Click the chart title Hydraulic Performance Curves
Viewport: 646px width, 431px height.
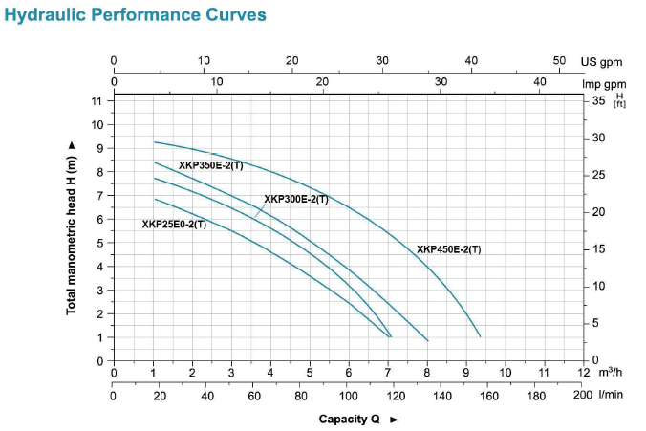(136, 16)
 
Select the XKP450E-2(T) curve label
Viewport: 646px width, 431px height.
(448, 249)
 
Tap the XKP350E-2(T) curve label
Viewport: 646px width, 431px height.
(211, 165)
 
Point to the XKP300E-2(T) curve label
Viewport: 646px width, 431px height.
(296, 199)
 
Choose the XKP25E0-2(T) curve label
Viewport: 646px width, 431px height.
(174, 225)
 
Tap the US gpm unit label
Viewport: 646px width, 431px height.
(602, 61)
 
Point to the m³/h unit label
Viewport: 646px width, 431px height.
(612, 372)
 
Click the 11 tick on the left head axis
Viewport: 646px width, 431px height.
(97, 100)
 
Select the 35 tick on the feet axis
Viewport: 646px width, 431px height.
(599, 99)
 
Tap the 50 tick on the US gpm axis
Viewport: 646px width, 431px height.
(560, 60)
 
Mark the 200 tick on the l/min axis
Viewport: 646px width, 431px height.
(583, 395)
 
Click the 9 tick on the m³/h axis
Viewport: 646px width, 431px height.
(466, 372)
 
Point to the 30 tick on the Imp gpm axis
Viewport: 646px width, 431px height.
(441, 82)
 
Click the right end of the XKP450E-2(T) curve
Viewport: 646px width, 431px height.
(480, 336)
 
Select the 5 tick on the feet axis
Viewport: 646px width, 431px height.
(596, 323)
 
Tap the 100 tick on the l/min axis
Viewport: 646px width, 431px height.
(349, 395)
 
